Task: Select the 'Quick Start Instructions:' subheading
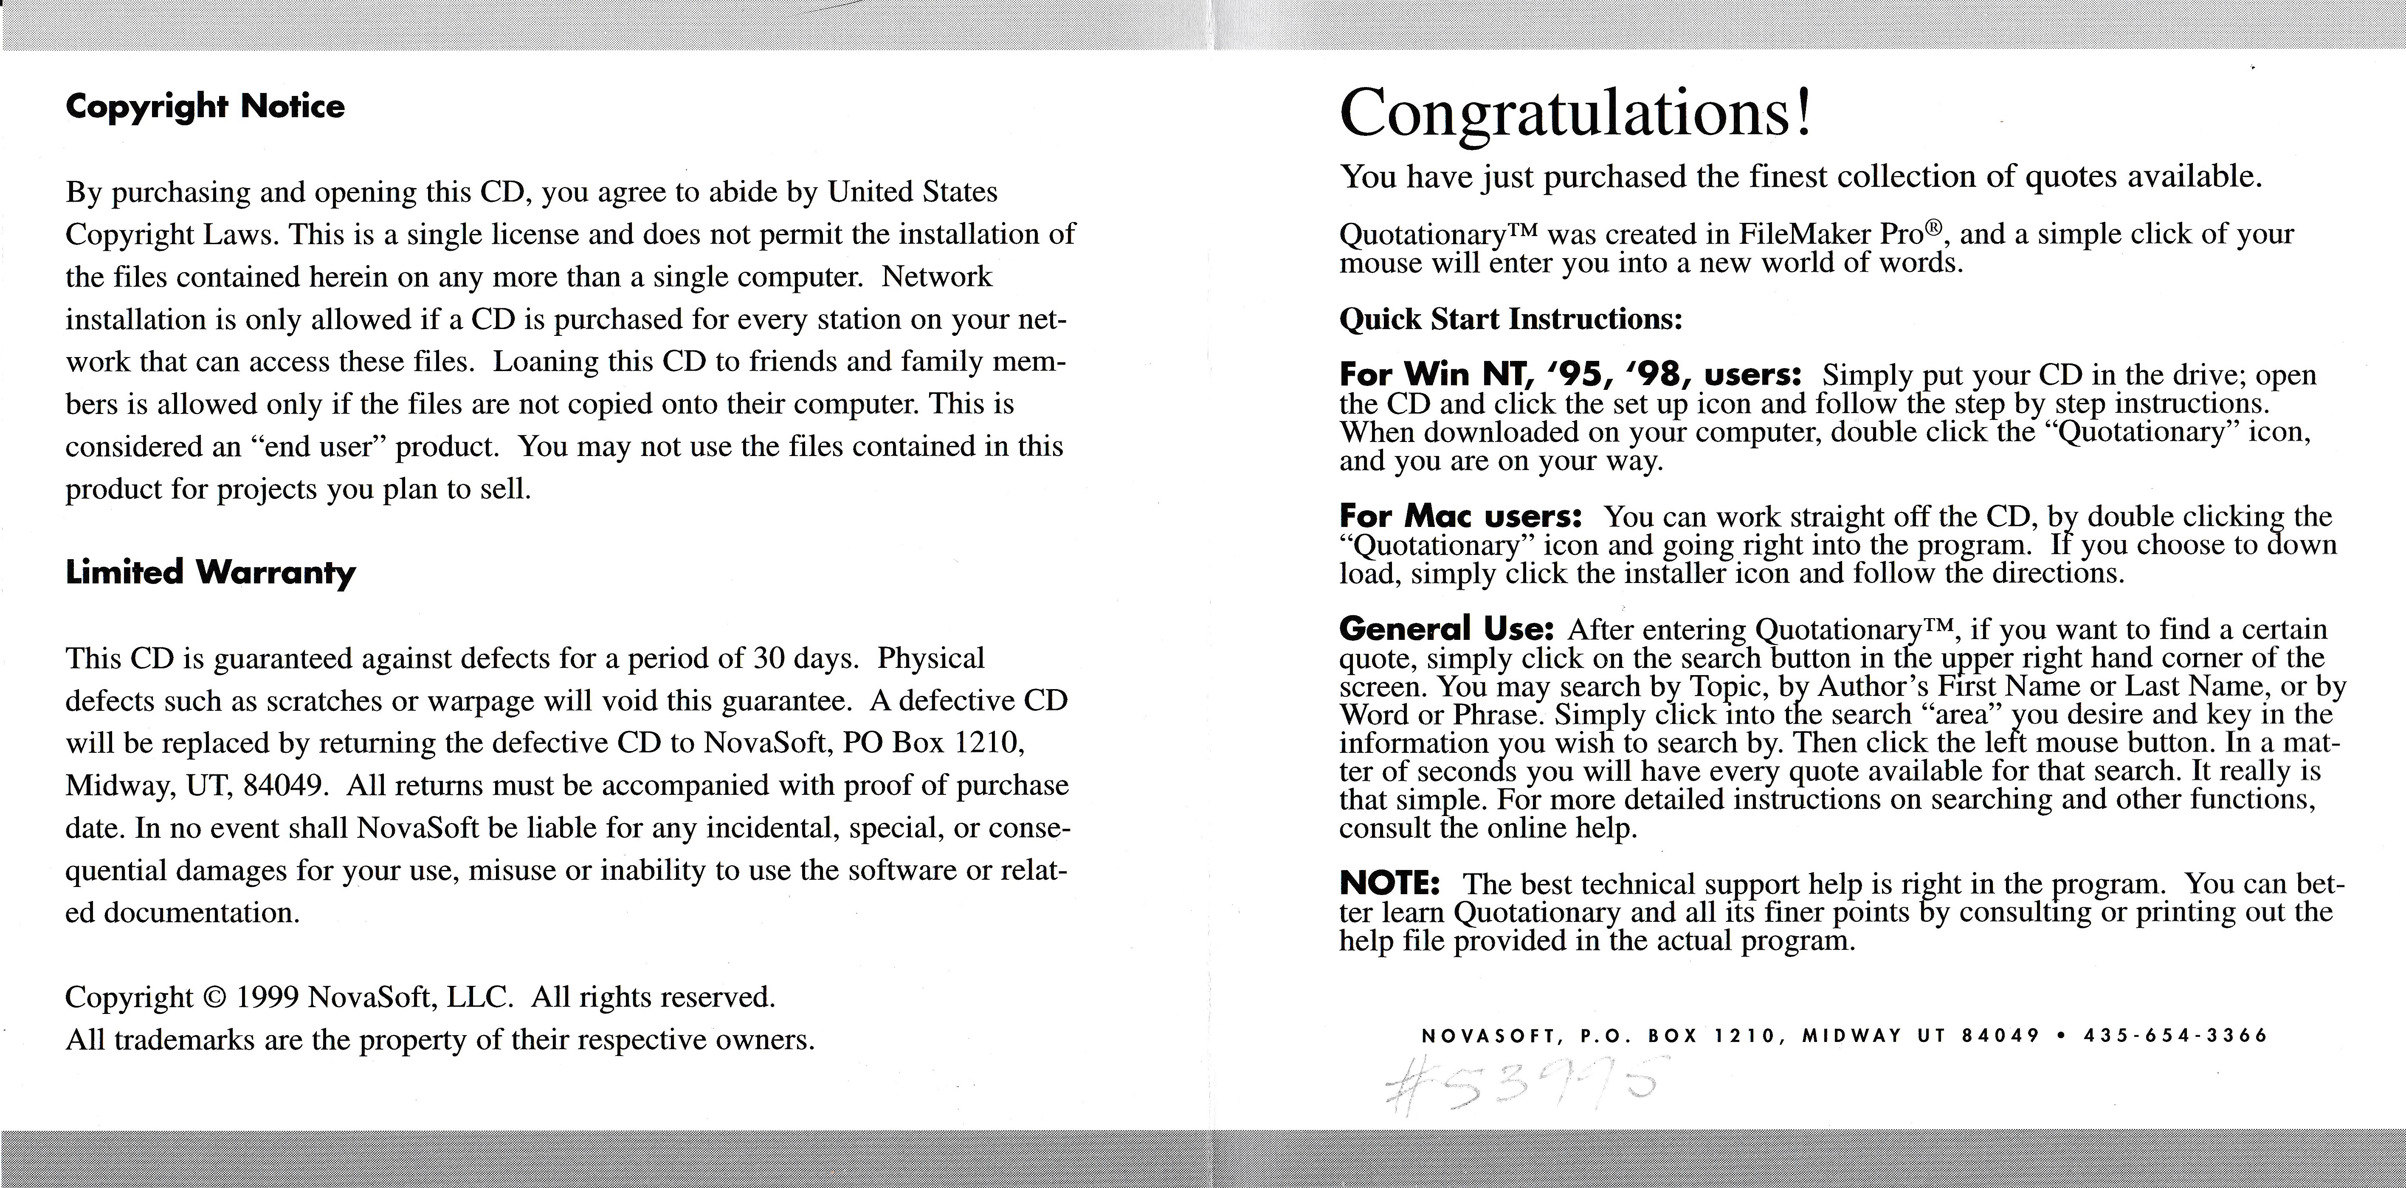point(1510,319)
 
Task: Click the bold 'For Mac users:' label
point(1460,516)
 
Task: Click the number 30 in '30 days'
point(768,659)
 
